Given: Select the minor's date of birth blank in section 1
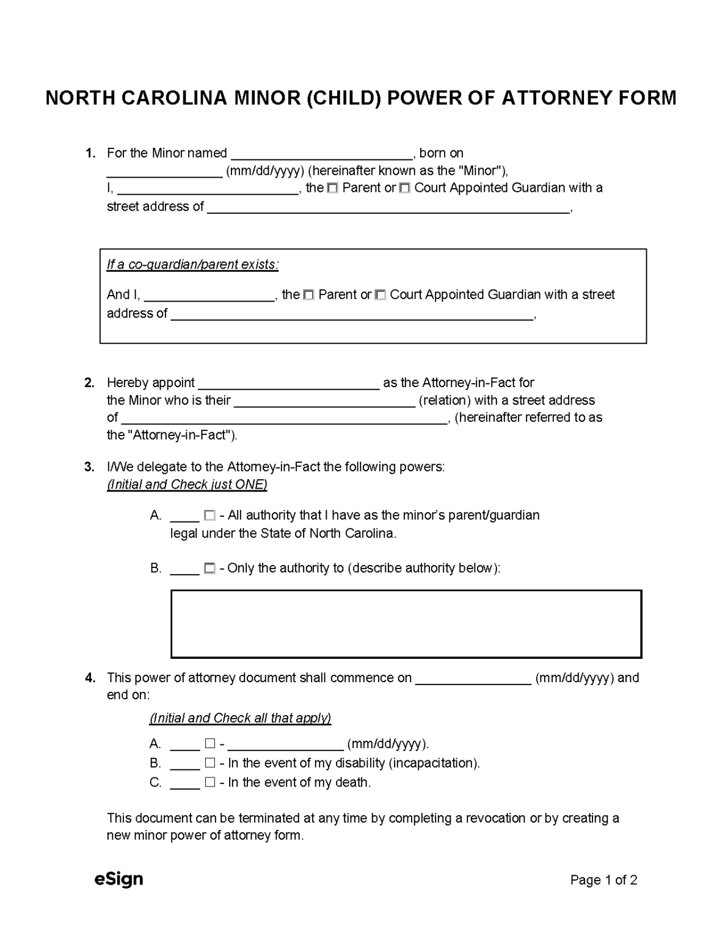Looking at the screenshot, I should [x=164, y=172].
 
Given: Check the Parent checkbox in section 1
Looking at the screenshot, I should [x=332, y=189].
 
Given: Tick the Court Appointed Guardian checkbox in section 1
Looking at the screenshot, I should [x=404, y=189].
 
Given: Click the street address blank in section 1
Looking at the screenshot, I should [x=388, y=208].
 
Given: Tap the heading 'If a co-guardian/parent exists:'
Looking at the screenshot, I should [x=192, y=265].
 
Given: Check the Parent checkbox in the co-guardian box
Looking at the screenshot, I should [x=308, y=296].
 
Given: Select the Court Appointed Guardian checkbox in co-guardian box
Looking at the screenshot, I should [x=380, y=296].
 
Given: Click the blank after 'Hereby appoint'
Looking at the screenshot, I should [x=289, y=384].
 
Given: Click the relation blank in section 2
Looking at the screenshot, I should [x=324, y=401].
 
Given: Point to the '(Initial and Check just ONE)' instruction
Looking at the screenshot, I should [x=187, y=485].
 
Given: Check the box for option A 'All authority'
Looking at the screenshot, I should [x=209, y=516].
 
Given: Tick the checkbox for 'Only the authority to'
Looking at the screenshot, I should [x=209, y=569].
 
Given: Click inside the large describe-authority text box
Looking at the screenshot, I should [x=406, y=624].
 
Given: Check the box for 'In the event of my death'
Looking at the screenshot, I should [x=210, y=782].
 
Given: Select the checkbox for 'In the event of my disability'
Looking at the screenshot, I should [x=210, y=763].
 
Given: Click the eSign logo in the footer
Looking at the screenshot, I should [x=118, y=879].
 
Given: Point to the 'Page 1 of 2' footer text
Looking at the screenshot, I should [x=603, y=880].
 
